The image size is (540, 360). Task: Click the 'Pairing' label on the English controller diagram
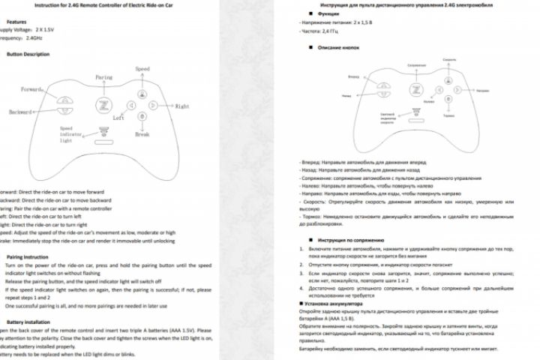[x=104, y=77]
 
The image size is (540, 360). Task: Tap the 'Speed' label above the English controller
[x=142, y=69]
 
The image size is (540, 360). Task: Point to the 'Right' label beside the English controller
[x=181, y=107]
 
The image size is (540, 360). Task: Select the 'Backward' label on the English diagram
[x=21, y=112]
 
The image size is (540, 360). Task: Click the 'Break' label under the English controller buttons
[x=142, y=134]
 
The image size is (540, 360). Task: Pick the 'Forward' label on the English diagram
[x=31, y=90]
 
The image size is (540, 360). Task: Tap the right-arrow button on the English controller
[x=153, y=105]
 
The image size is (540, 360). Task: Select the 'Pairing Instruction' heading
[x=28, y=256]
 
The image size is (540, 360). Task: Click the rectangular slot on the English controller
[x=104, y=129]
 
